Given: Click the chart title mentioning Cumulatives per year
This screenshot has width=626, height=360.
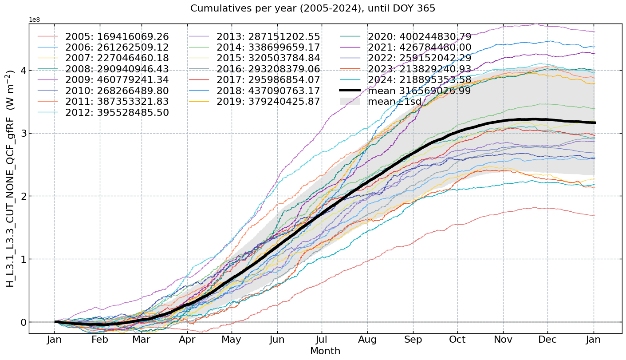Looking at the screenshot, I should pos(313,8).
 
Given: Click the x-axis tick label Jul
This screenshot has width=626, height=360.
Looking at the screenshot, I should pos(323,340).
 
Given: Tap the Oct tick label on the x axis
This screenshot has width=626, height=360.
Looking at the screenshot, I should pos(457,340).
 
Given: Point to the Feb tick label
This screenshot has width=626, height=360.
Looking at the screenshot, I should pos(100,340).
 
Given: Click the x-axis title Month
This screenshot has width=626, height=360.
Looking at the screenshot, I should pos(325,351).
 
